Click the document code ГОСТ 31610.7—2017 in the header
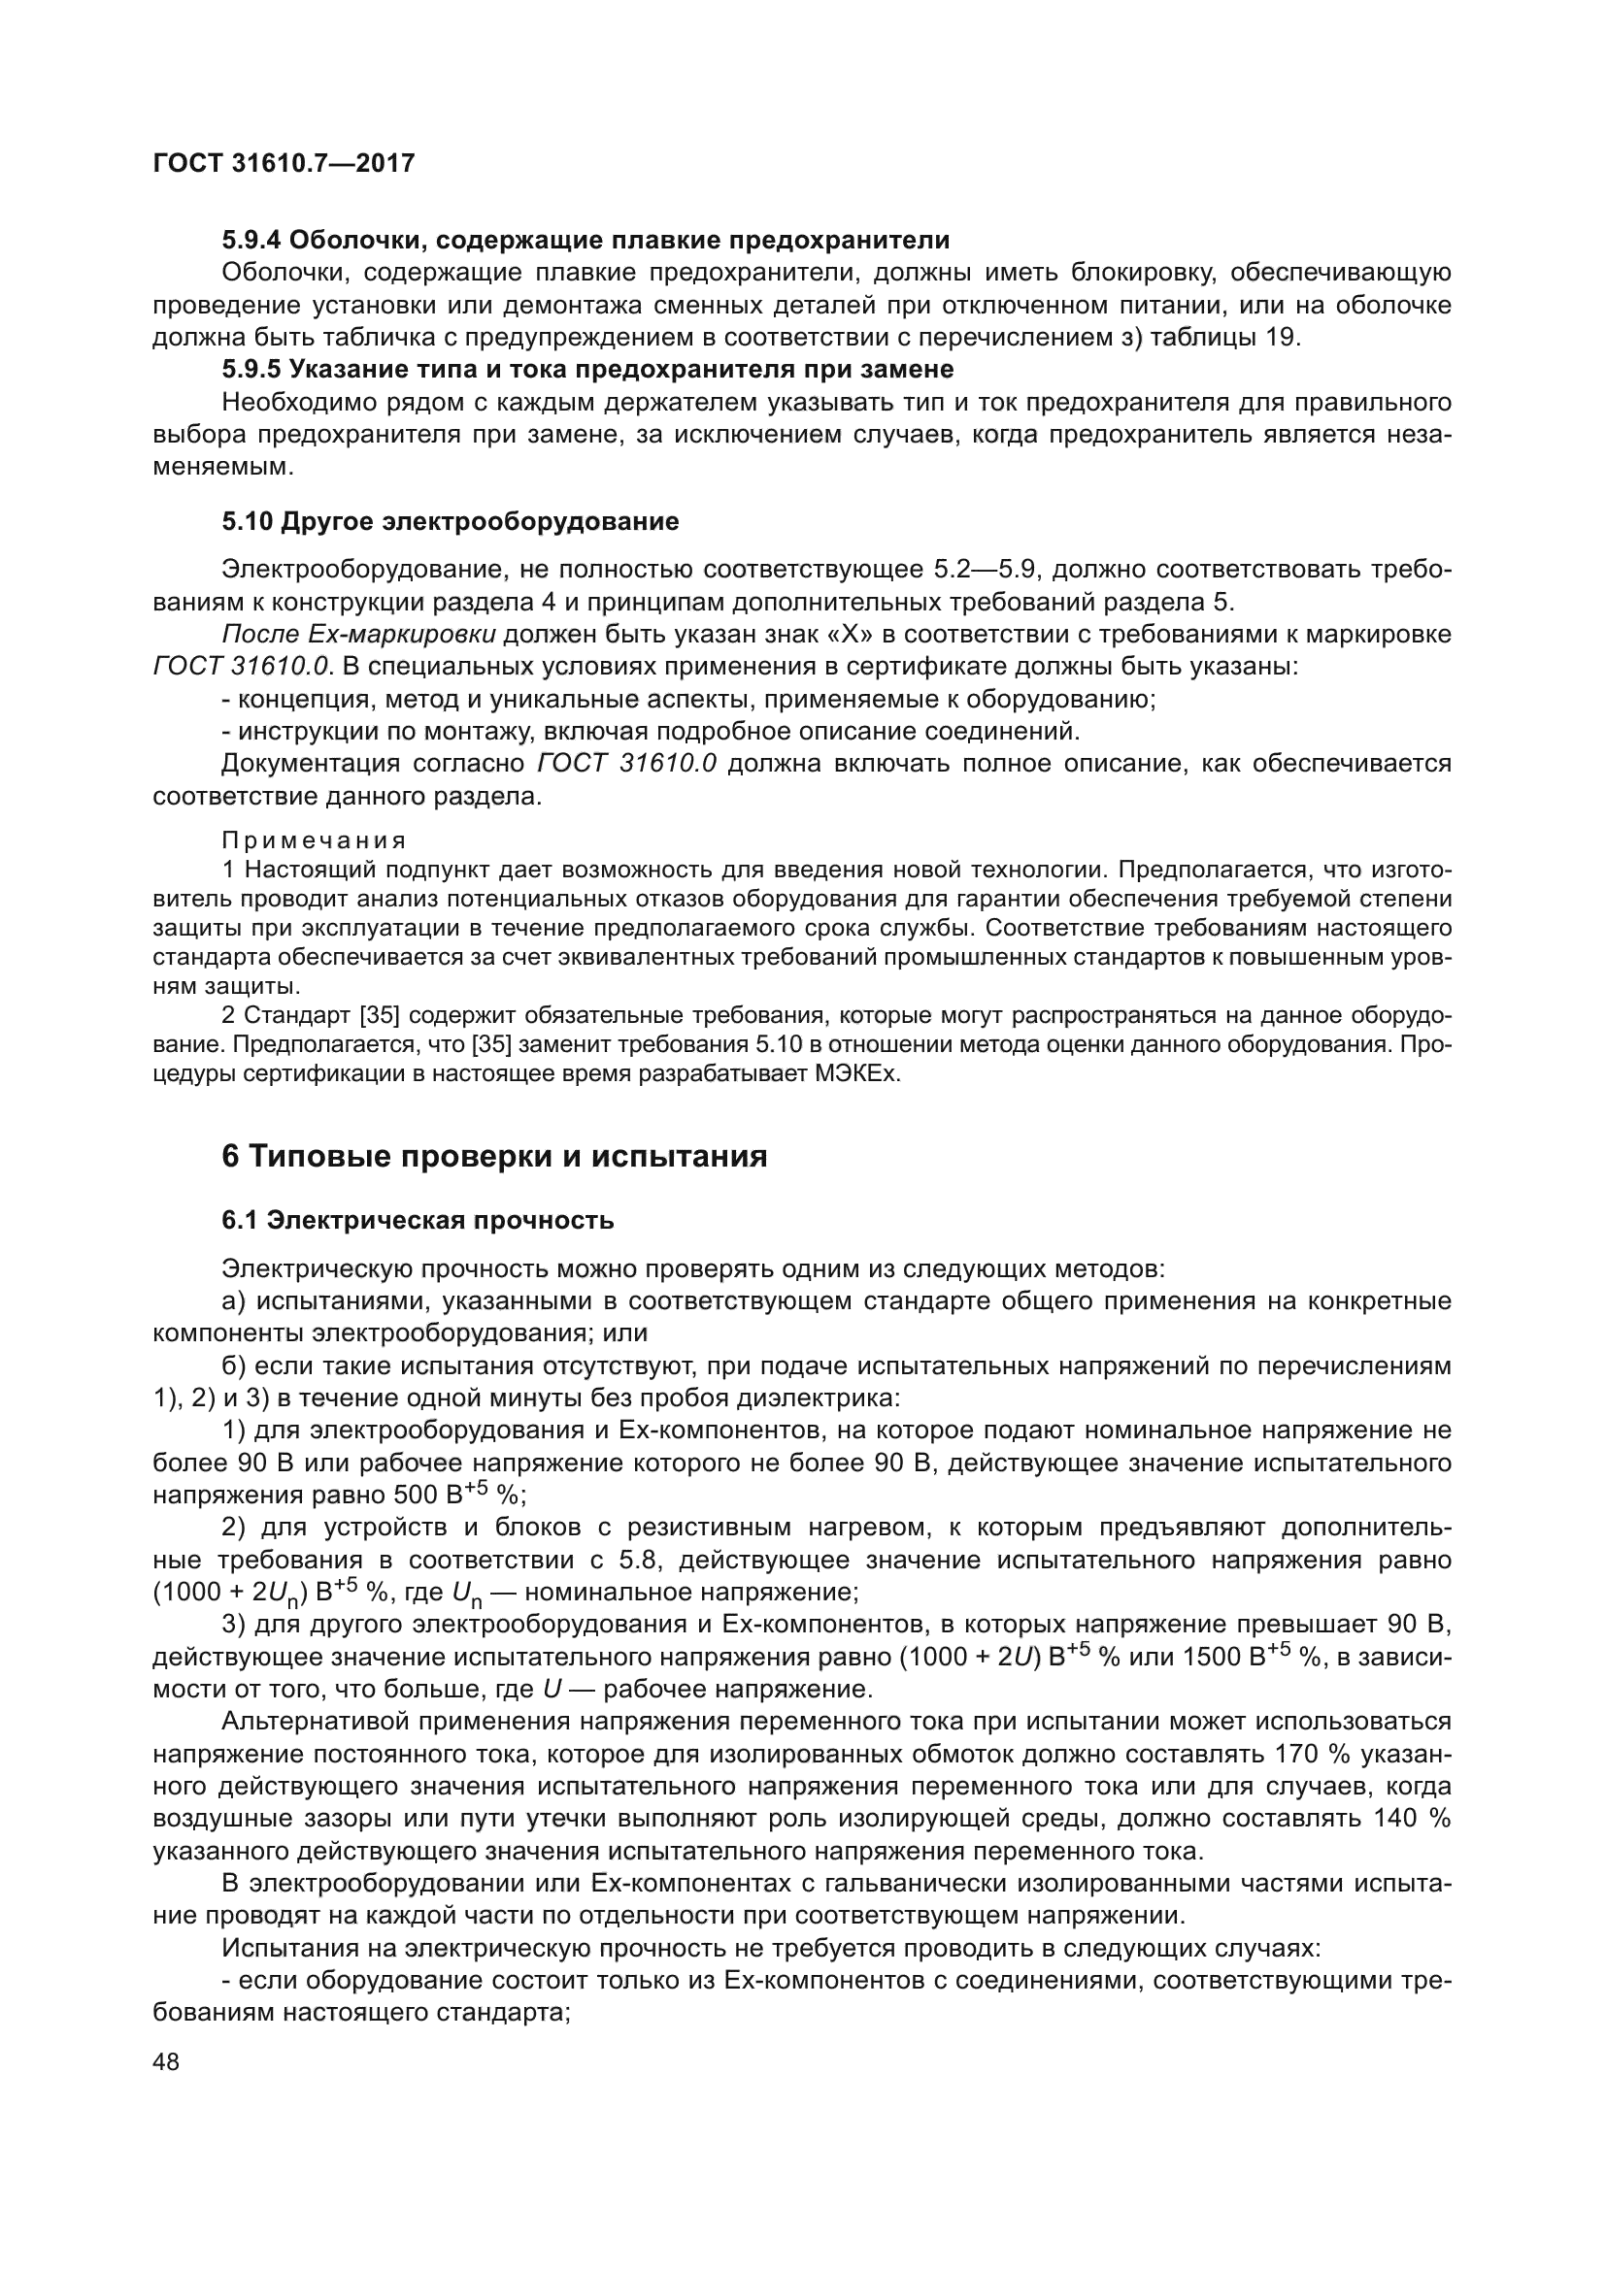284,163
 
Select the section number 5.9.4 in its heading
251,240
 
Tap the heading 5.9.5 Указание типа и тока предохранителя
587,370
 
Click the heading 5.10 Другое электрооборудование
450,521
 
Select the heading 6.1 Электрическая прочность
418,1220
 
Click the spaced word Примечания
314,840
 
